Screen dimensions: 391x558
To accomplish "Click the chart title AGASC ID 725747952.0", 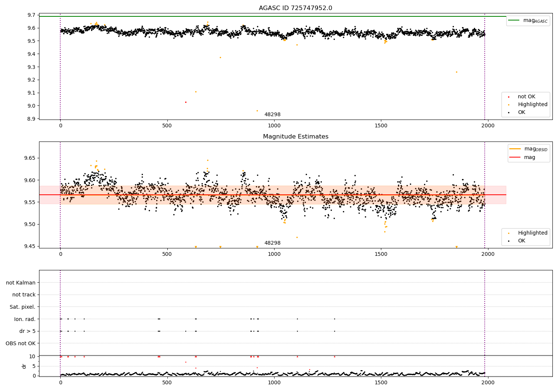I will coord(295,8).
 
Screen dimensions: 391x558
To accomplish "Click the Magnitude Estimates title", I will coord(295,137).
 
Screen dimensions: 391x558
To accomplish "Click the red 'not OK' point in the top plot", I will coord(186,102).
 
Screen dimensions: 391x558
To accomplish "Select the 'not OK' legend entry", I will coord(526,97).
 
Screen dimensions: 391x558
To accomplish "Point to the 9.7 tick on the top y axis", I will coord(32,15).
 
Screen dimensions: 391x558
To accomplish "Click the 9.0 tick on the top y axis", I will coord(32,106).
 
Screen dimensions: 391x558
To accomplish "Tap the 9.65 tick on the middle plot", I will coord(30,158).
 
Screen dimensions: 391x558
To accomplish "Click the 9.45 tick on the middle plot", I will coord(30,246).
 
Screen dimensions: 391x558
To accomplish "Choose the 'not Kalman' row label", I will coord(21,283).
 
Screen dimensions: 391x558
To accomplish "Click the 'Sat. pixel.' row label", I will coord(22,307).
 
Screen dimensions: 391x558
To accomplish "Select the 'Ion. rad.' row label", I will coord(25,319).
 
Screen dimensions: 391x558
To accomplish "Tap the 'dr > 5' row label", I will coord(27,331).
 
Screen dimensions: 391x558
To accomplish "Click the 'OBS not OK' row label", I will coord(20,343).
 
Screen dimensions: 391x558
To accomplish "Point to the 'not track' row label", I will coord(24,295).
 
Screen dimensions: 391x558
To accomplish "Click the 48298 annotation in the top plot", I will coord(272,115).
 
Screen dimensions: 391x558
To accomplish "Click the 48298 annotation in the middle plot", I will coord(272,243).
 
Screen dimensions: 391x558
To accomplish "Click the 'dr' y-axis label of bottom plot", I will coord(24,366).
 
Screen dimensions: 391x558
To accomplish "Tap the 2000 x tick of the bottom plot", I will coord(488,382).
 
